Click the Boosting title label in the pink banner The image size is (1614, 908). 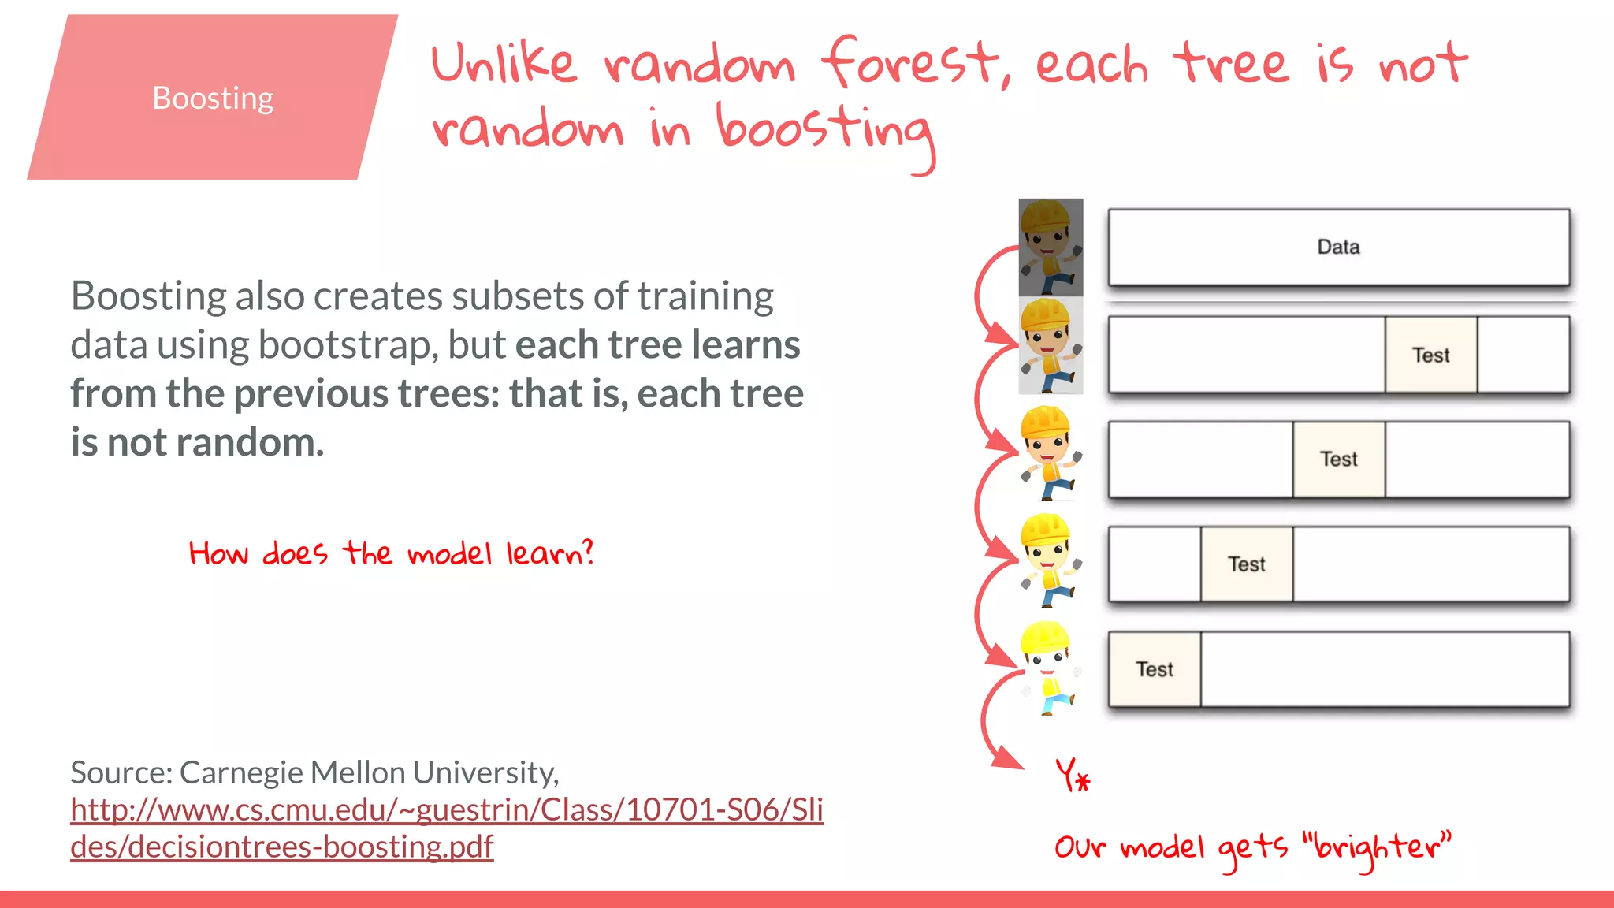213,99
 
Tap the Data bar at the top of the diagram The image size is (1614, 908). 1338,247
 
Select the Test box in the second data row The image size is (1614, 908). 1430,355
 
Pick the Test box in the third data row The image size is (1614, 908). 1338,459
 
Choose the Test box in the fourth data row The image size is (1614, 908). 1246,564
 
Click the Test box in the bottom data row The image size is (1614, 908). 1155,669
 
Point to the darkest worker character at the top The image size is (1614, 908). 1051,247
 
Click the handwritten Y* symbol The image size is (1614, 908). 1073,775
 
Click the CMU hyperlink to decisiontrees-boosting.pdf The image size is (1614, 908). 446,828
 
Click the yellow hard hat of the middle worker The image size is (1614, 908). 1045,421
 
